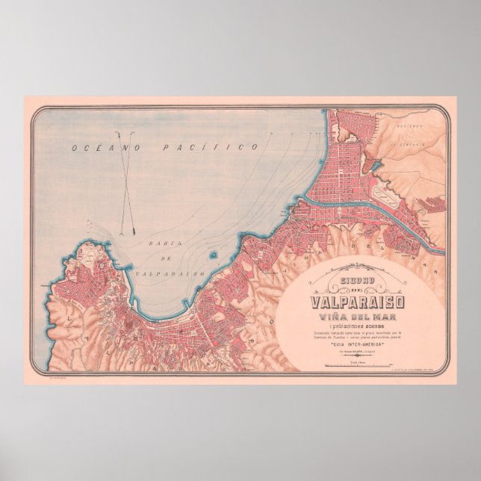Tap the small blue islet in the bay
(x=214, y=255)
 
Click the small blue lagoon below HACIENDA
(x=376, y=166)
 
